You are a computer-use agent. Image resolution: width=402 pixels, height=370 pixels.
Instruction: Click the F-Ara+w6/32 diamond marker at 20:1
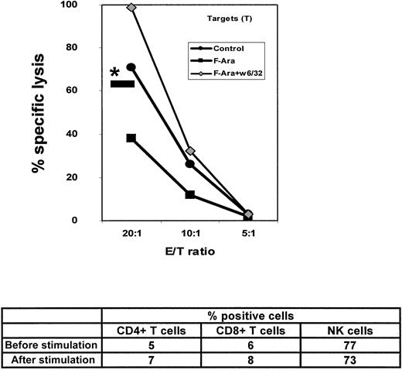[x=131, y=7]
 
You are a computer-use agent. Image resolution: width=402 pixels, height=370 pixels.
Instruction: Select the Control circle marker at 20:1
[x=131, y=67]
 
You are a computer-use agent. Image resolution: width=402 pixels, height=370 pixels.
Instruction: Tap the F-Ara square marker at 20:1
[x=131, y=138]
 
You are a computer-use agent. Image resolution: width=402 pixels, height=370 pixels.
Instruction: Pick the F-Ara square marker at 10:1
[x=190, y=194]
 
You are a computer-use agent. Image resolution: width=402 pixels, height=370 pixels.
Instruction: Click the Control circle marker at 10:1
[x=190, y=164]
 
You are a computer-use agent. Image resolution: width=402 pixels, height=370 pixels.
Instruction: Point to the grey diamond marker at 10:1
[x=190, y=151]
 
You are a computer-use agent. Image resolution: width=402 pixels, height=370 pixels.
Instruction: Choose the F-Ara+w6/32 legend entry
[x=233, y=72]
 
